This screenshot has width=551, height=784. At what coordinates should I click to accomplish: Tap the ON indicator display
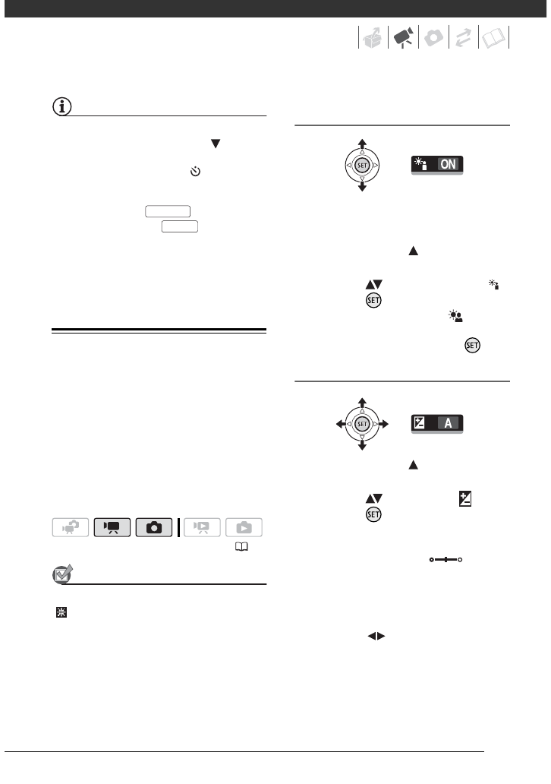point(437,165)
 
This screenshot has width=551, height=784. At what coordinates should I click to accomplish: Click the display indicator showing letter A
point(437,423)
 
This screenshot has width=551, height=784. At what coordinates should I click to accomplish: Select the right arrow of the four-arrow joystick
point(385,422)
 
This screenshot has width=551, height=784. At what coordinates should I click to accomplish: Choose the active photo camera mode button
point(154,526)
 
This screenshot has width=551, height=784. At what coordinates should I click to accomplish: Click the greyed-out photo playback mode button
point(244,526)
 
